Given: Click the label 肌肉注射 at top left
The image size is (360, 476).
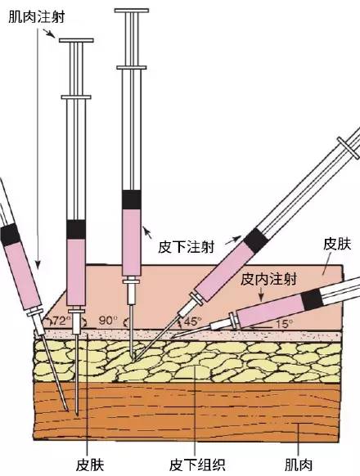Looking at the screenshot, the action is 37,17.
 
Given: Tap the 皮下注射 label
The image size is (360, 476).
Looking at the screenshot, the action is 186,247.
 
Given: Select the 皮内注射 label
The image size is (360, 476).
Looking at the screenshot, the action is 268,279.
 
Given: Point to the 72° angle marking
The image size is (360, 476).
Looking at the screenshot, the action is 61,321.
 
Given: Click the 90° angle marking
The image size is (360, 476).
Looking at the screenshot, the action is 108,321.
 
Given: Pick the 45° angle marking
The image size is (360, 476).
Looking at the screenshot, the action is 192,321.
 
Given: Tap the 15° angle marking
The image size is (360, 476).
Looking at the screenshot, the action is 284,324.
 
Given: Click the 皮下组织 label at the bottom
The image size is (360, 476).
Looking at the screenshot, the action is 197,465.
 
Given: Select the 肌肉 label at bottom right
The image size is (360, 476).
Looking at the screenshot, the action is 299,465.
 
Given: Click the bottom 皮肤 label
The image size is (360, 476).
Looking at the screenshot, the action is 90,465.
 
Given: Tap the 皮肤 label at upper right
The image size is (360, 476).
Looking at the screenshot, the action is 337,244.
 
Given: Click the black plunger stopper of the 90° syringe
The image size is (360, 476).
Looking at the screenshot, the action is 132,200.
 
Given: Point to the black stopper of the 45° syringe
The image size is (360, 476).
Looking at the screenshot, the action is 256,240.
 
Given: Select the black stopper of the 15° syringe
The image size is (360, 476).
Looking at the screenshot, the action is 313,299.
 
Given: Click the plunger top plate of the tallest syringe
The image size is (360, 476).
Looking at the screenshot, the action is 132,11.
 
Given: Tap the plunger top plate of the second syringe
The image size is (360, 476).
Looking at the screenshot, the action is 76,40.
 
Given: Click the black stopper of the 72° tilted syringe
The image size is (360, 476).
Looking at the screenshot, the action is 11,235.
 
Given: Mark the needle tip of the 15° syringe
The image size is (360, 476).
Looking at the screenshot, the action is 172,336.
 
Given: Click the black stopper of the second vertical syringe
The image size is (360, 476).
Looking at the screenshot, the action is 76,229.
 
